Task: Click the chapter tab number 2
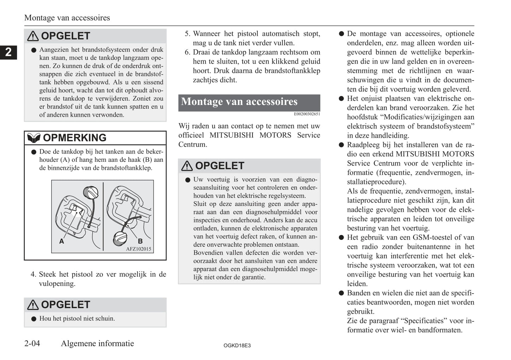8,52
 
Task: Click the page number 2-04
32,343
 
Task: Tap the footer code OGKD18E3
237,346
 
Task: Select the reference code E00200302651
307,114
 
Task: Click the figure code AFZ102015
138,249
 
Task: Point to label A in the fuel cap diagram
62,241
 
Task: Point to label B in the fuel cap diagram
140,241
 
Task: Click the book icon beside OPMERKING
34,138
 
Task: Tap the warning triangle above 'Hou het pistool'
33,305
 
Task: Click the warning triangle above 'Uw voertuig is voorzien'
187,166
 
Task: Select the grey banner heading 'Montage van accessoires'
249,102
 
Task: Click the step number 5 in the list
187,34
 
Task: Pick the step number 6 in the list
187,52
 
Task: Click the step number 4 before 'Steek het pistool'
33,275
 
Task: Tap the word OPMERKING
75,138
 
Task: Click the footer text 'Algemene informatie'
97,343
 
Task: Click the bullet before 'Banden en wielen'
341,293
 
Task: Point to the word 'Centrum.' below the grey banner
193,144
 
